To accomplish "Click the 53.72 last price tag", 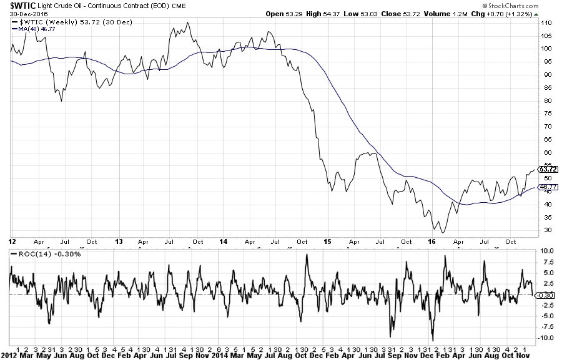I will (x=548, y=169).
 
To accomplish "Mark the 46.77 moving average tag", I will (x=548, y=187).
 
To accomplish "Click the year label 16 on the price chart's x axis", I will (x=431, y=240).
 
